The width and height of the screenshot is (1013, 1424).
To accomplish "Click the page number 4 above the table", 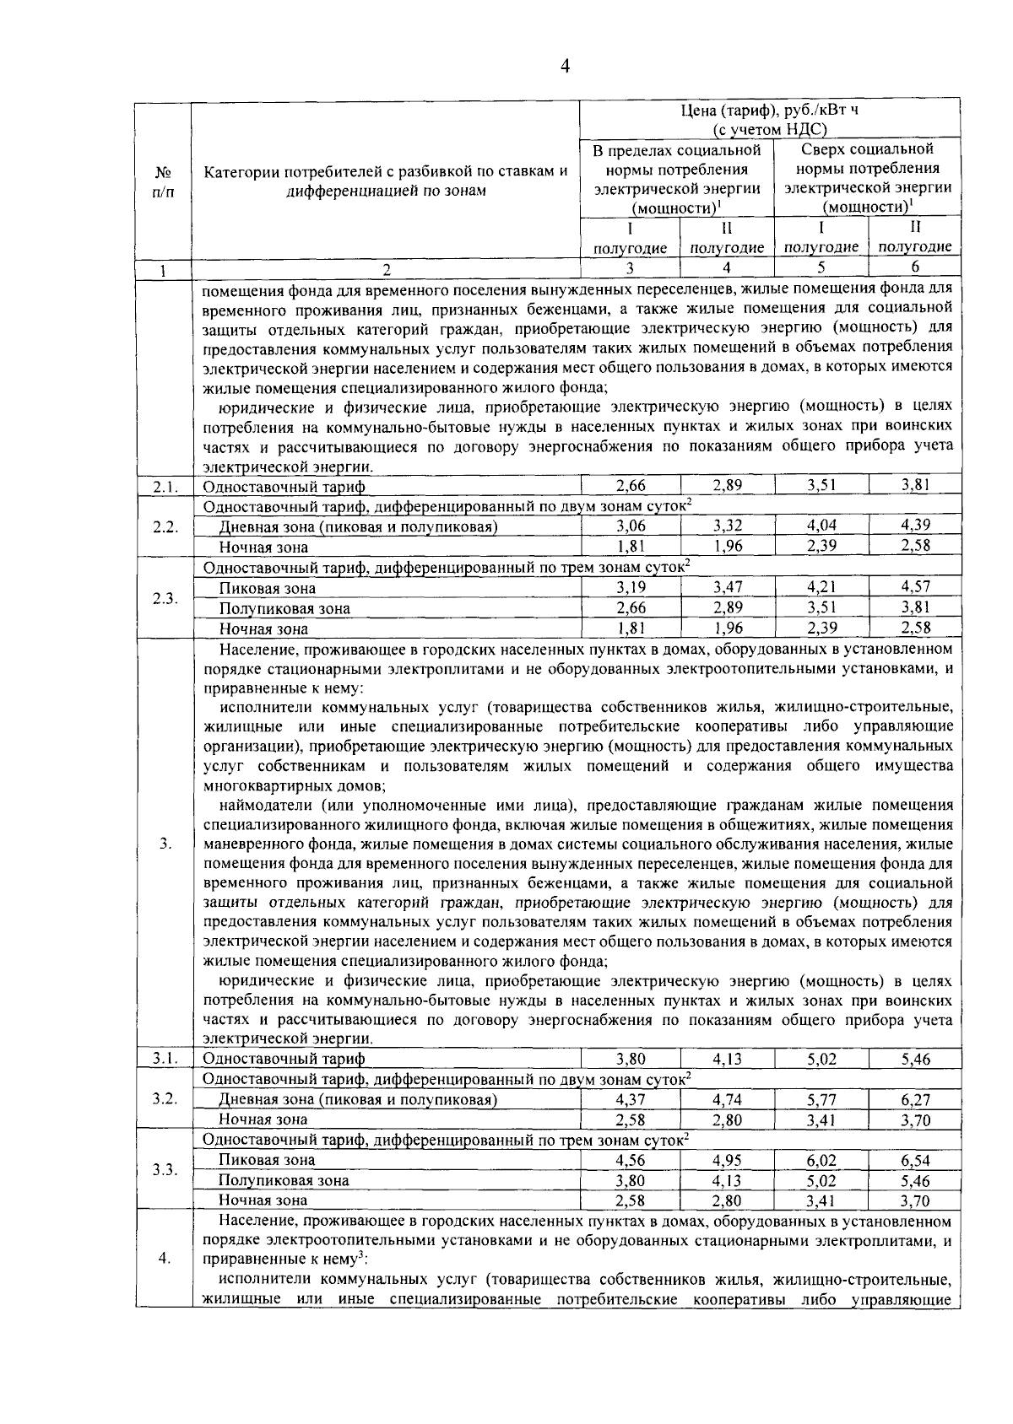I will tap(566, 66).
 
